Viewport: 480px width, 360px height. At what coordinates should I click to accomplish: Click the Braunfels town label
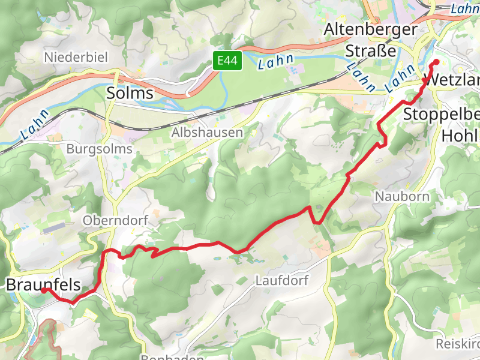pos(43,284)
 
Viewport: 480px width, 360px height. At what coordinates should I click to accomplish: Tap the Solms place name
pos(130,93)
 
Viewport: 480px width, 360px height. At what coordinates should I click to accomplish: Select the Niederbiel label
pos(76,58)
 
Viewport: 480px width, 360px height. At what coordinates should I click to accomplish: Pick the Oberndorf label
pos(115,220)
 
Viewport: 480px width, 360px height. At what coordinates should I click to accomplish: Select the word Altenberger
pos(370,29)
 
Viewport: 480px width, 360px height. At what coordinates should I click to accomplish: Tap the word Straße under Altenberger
pos(371,51)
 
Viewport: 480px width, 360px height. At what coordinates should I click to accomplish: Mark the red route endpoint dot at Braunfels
pos(44,290)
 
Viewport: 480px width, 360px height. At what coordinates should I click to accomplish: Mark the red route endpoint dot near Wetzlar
pos(436,62)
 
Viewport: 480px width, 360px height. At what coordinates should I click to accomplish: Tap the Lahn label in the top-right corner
pos(464,8)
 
